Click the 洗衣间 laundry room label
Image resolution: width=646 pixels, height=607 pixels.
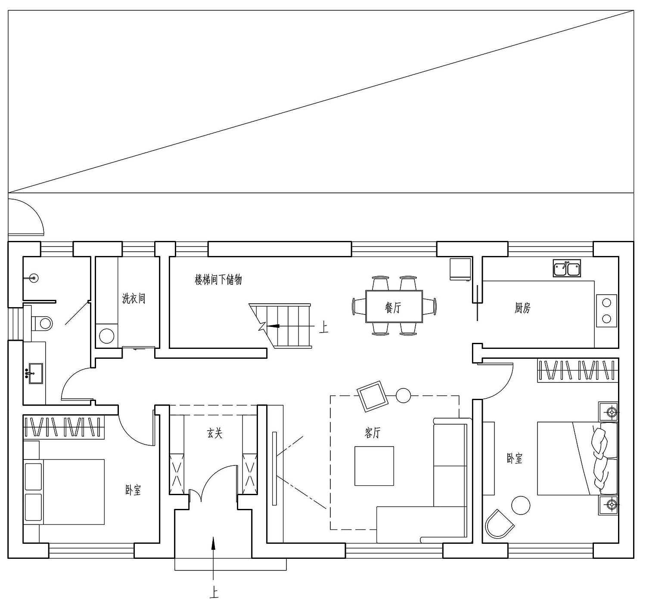134,298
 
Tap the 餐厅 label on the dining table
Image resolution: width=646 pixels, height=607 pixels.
393,307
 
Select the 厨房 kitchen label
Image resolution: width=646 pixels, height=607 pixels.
523,308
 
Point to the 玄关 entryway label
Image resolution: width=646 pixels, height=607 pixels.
214,433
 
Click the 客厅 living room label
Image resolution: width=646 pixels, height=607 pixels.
373,433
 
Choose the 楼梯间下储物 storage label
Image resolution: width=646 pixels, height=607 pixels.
218,280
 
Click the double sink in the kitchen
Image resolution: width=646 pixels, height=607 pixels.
567,268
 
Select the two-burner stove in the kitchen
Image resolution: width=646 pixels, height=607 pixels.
607,311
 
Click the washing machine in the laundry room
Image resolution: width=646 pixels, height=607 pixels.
106,336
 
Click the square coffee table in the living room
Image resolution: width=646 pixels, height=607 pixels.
374,466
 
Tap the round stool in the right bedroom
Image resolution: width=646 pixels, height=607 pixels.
521,505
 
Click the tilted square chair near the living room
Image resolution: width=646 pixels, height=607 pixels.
373,397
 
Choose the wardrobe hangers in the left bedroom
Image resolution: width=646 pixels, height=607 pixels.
65,427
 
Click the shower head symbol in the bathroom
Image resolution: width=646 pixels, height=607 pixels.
33,278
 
